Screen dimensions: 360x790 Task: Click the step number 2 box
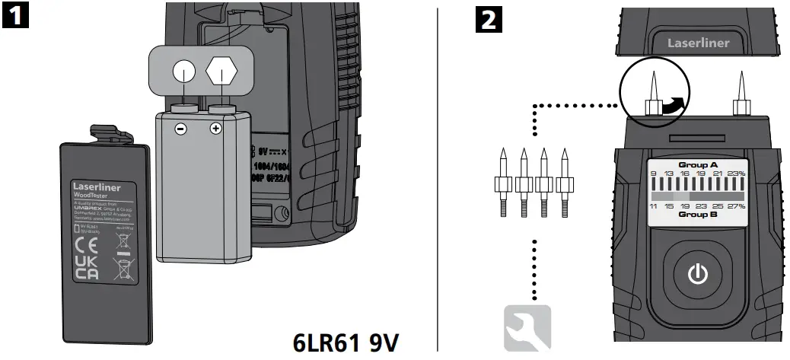click(488, 18)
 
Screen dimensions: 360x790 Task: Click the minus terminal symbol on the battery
click(181, 129)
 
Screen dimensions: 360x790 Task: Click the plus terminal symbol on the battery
click(215, 129)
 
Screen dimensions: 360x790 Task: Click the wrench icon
click(527, 328)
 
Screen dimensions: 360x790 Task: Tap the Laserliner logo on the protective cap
click(698, 43)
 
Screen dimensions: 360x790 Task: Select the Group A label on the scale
click(698, 164)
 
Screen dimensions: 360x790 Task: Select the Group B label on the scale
click(698, 215)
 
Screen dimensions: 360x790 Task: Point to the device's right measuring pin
click(740, 95)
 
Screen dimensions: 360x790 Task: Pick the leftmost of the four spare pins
click(503, 183)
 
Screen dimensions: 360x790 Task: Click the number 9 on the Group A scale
click(652, 174)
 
